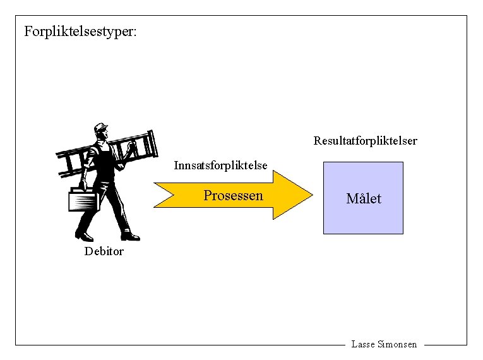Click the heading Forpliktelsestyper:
click(x=80, y=31)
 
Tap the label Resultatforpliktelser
click(x=365, y=141)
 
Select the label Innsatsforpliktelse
click(x=220, y=165)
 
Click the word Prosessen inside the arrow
click(x=233, y=195)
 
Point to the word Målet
click(x=364, y=199)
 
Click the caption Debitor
click(x=104, y=251)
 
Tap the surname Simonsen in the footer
click(x=397, y=344)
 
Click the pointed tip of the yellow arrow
click(x=311, y=196)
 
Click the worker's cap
click(x=100, y=128)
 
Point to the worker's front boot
click(x=129, y=236)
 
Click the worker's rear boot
click(x=83, y=236)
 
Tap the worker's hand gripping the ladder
click(x=131, y=148)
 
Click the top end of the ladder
click(x=150, y=135)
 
